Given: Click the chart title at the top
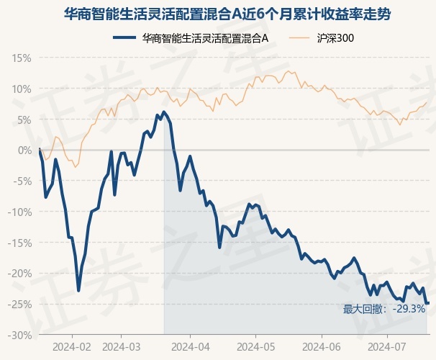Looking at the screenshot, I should pos(218,14).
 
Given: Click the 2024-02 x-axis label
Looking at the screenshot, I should pos(73,346).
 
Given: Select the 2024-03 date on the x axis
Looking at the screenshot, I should pos(122,346).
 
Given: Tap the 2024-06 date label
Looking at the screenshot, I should pos(321,346).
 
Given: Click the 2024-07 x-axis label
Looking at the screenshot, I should pos(387,346).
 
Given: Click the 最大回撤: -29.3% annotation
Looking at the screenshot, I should pos(384,310).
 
